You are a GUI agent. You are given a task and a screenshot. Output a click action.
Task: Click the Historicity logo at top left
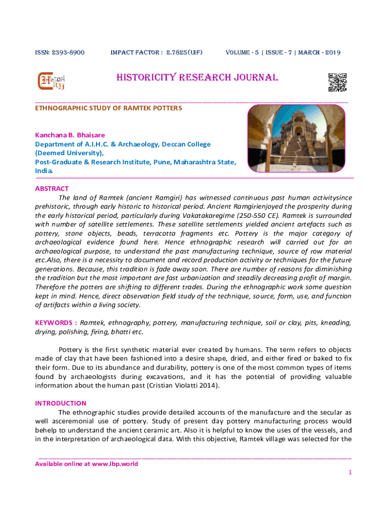pos(52,82)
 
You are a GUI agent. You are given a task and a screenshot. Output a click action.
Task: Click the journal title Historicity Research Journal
pos(197,78)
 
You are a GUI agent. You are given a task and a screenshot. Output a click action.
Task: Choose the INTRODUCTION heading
pos(60,403)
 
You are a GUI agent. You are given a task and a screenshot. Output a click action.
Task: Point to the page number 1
pos(349,473)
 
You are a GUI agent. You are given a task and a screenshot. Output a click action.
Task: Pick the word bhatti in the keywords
pos(115,332)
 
